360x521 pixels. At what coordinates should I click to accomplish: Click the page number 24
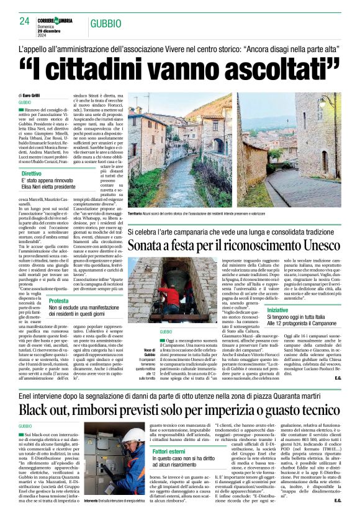click(x=25, y=21)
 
